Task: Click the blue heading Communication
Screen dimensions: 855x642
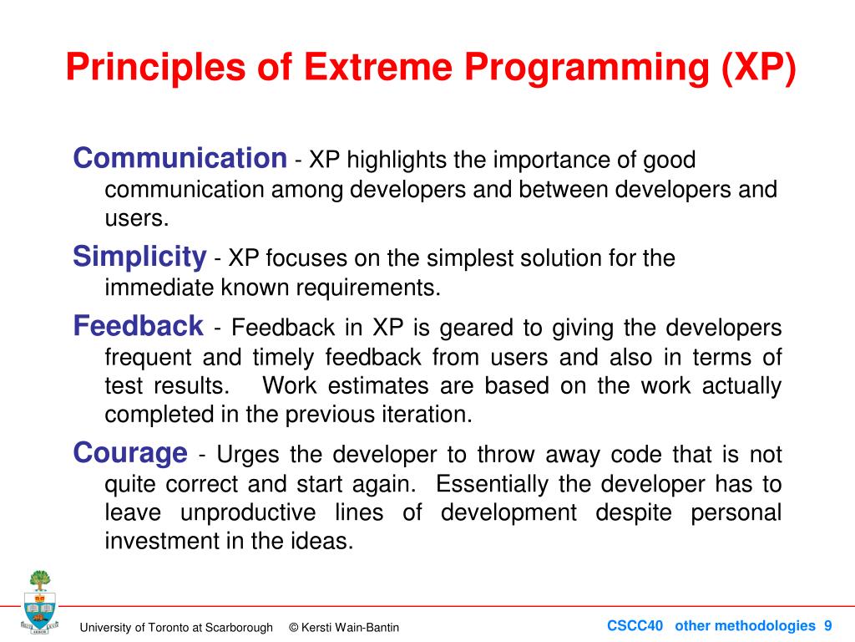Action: (180, 158)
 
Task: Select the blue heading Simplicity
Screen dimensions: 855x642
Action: (139, 257)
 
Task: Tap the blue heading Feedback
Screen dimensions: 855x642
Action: (138, 326)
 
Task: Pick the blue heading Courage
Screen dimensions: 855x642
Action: (130, 454)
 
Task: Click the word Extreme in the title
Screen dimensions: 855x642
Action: (378, 67)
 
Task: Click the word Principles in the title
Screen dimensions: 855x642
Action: (155, 69)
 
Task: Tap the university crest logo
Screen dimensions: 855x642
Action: (39, 602)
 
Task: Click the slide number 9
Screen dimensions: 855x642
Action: (827, 625)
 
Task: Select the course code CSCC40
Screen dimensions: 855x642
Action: (635, 625)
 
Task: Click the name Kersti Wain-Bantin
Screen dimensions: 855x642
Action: (350, 628)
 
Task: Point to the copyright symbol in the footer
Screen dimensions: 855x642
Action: (293, 628)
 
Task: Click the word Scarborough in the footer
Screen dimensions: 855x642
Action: (239, 628)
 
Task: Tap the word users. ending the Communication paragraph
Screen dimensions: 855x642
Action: (137, 218)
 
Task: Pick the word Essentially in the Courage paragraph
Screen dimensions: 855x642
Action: (492, 484)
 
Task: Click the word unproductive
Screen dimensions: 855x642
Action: (248, 513)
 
